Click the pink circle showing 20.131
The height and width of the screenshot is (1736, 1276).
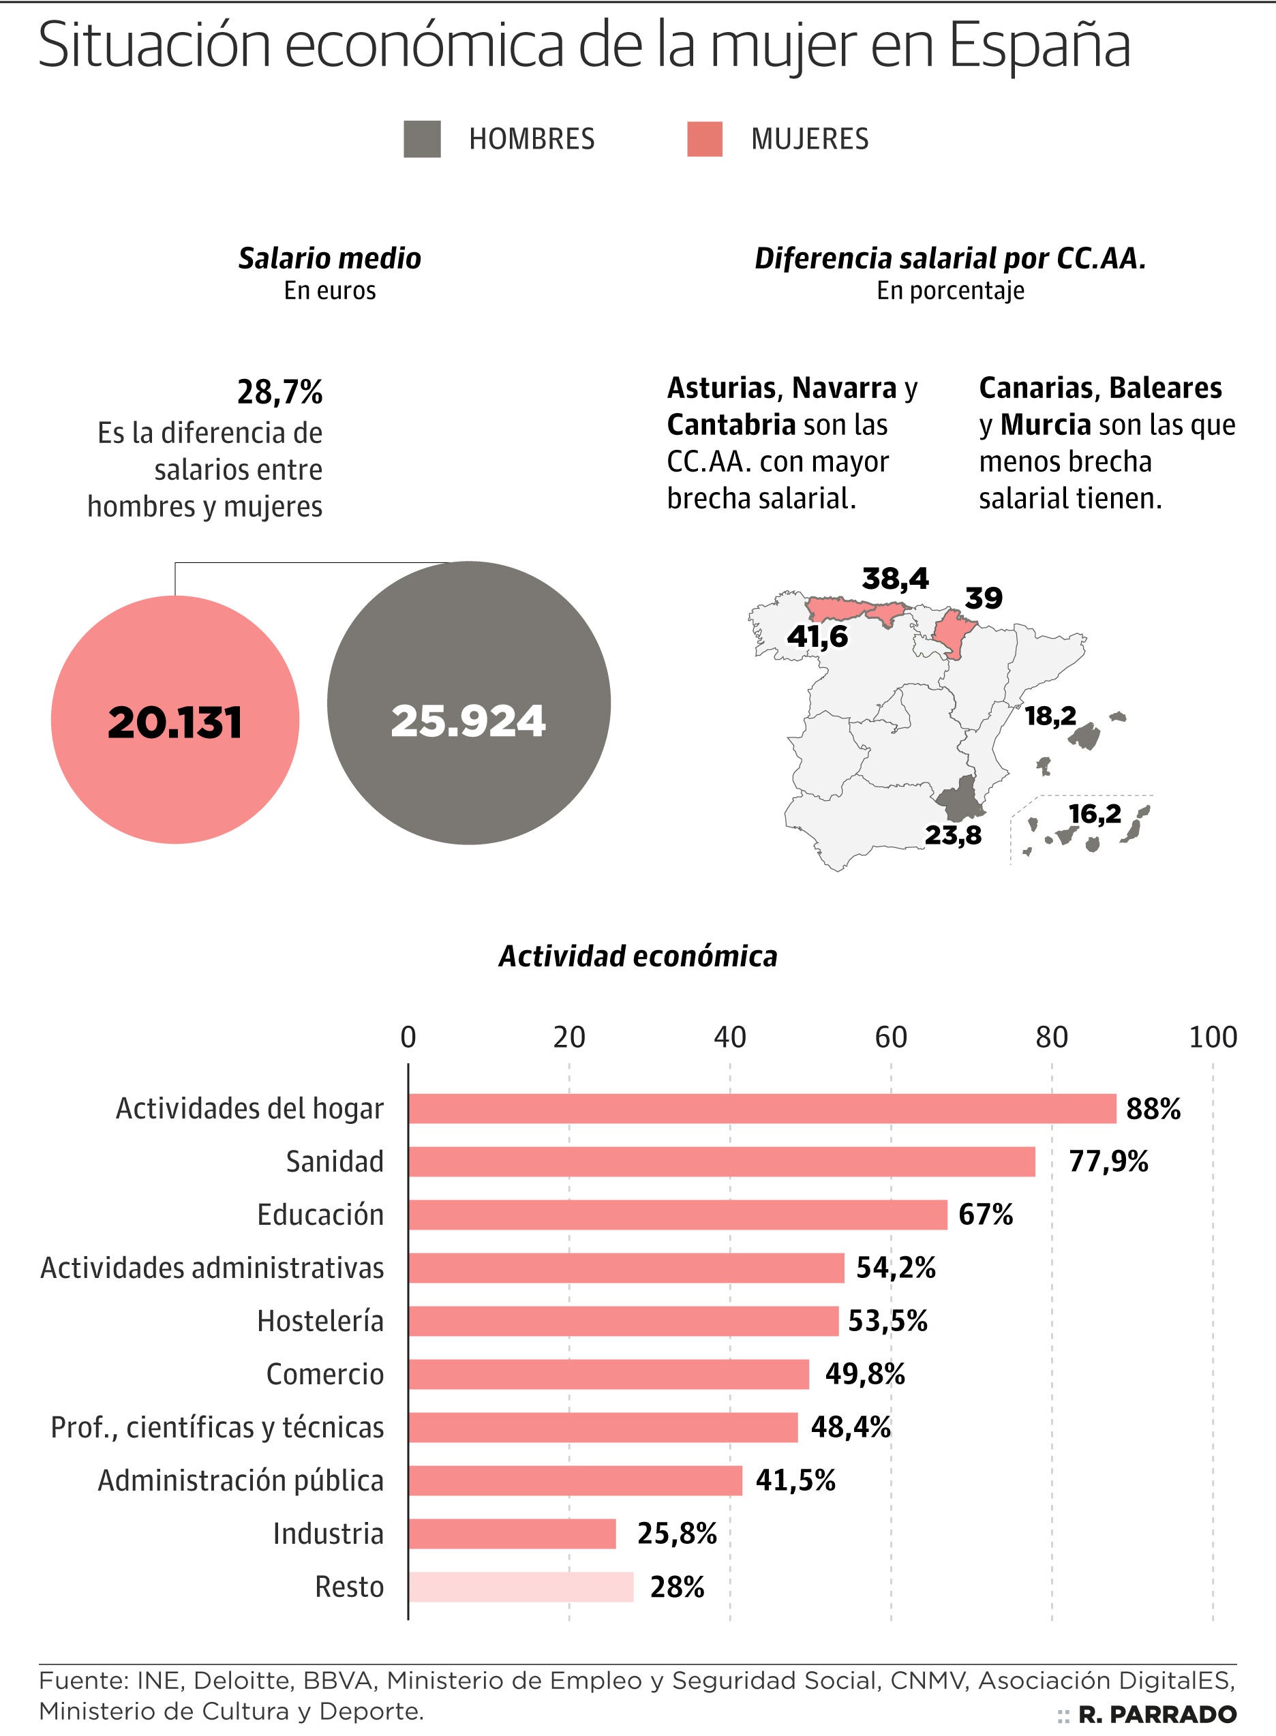[174, 719]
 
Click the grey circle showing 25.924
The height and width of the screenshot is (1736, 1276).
[468, 703]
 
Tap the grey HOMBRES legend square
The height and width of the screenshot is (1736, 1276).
[422, 139]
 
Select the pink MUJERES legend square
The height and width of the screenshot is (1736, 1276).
[704, 139]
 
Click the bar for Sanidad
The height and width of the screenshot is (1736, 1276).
[721, 1161]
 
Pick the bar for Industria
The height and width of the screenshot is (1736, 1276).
[512, 1533]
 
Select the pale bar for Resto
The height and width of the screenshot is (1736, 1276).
[521, 1586]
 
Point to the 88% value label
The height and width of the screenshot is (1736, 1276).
[1153, 1108]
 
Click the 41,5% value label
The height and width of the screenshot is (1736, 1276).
[795, 1480]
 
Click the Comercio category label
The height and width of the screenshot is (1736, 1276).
[324, 1374]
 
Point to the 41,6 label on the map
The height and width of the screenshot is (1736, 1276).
[817, 637]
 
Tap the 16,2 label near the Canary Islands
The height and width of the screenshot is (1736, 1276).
[1095, 813]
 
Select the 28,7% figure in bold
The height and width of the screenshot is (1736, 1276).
[279, 393]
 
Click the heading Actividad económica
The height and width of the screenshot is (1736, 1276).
[638, 956]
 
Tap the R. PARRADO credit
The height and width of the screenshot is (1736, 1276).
[1156, 1714]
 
